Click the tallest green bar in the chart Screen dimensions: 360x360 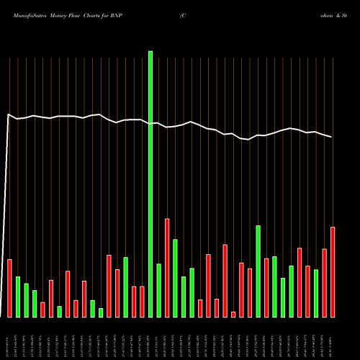tap(150, 184)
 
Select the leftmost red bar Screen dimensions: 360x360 tap(9, 288)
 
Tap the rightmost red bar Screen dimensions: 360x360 tap(333, 271)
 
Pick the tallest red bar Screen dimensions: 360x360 tap(167, 267)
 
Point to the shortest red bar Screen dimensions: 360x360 tap(233, 314)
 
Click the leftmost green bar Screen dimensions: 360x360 tap(18, 297)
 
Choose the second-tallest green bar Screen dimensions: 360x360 tap(258, 271)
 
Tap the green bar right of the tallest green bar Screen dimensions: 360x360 tap(158, 290)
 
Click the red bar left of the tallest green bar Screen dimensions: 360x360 tap(142, 302)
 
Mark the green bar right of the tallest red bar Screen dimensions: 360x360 tap(175, 278)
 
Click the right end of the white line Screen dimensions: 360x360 tap(332, 137)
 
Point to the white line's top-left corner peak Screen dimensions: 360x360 tap(9, 114)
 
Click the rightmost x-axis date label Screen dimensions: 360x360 tap(333, 338)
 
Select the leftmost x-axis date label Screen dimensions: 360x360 tap(9, 338)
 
